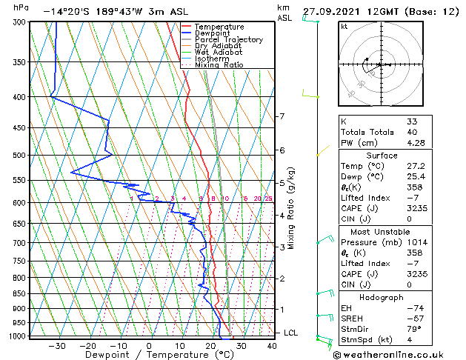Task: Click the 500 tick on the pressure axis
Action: click(x=19, y=156)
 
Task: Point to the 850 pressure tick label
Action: click(x=19, y=294)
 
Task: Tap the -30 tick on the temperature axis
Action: click(x=56, y=345)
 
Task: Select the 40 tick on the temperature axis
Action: click(x=272, y=345)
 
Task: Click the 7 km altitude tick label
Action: click(x=282, y=116)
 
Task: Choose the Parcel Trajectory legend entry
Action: click(x=228, y=39)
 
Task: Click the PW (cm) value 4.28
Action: click(x=416, y=143)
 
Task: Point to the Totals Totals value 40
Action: click(x=411, y=132)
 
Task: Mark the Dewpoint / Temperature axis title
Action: click(x=150, y=355)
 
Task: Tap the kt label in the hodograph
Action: click(x=344, y=27)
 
